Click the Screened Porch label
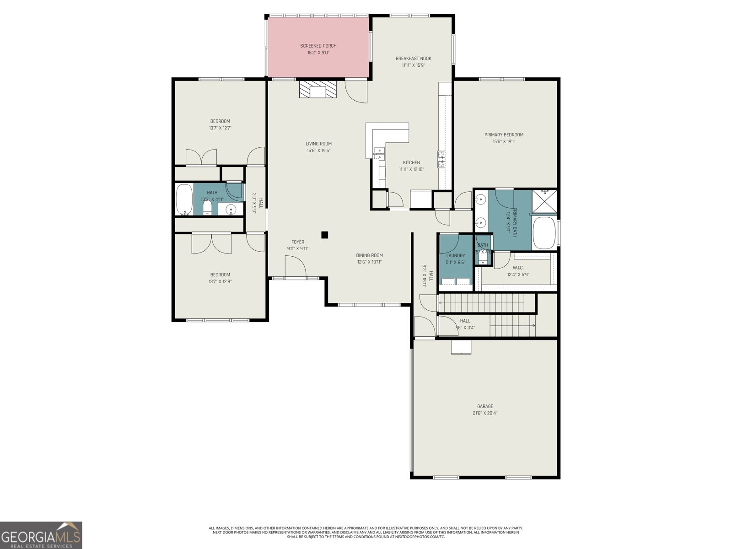318,46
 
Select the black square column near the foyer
324,235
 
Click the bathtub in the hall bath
184,200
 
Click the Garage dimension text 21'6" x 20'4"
485,413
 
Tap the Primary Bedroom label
504,135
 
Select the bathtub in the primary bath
544,232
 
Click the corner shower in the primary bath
544,201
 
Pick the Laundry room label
455,255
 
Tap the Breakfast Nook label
413,58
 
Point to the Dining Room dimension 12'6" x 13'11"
369,262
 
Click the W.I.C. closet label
518,268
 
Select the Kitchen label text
411,162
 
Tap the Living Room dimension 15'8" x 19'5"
318,151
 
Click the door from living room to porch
356,91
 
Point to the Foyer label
297,242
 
